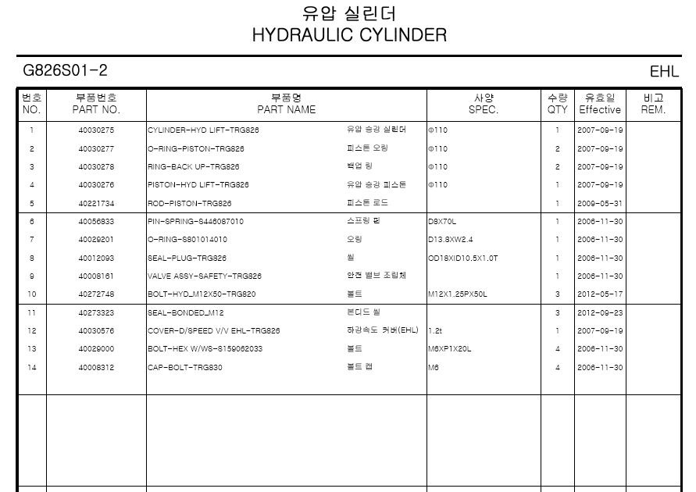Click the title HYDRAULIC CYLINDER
(x=349, y=35)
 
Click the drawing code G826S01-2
(x=66, y=71)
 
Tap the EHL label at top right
(x=664, y=72)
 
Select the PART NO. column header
(x=96, y=109)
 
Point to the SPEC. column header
(x=484, y=109)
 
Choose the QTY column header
(x=558, y=109)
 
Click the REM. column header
(x=653, y=109)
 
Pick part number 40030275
(x=96, y=130)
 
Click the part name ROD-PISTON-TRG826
(x=190, y=203)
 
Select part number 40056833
(x=96, y=222)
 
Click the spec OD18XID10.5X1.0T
(x=462, y=258)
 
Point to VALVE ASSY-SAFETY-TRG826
(x=205, y=276)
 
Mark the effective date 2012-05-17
(x=600, y=294)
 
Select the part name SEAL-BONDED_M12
(x=186, y=313)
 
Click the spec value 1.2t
(x=435, y=331)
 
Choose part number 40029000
(x=96, y=349)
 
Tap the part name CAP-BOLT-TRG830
(x=185, y=368)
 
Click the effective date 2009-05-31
(x=600, y=203)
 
